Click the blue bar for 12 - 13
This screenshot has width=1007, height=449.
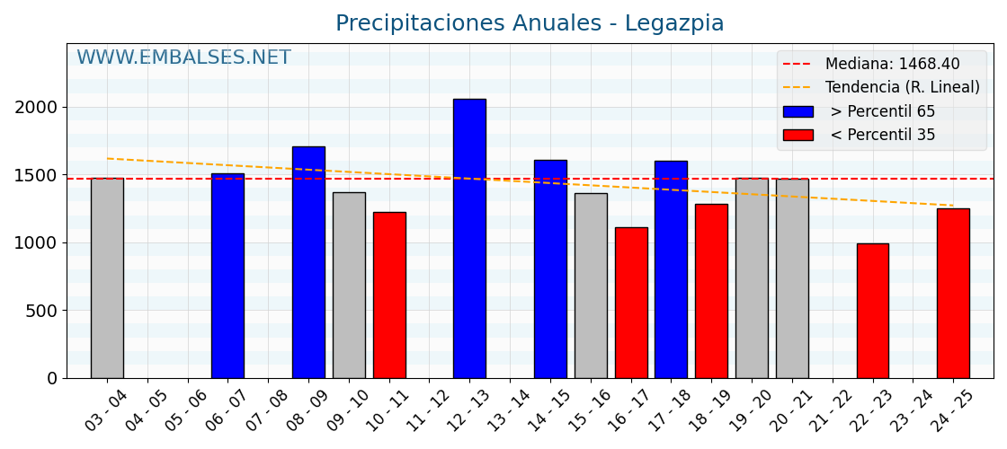click(469, 238)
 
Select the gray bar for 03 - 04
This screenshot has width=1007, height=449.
click(107, 278)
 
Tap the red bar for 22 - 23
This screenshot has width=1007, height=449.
click(872, 311)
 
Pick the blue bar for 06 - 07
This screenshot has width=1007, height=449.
click(227, 276)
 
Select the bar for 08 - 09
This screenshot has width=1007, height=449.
click(308, 262)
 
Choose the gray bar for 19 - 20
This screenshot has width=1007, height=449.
click(752, 278)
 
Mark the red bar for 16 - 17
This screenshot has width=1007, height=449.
click(631, 303)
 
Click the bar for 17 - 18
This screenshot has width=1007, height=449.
click(671, 269)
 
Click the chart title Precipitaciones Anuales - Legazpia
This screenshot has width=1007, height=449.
click(530, 24)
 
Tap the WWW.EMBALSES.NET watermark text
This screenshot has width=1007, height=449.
click(183, 58)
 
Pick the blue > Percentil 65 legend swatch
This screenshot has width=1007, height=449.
click(798, 111)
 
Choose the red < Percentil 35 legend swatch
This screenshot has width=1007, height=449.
click(798, 135)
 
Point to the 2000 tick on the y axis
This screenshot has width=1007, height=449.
click(36, 108)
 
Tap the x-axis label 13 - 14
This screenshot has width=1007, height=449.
click(507, 412)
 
